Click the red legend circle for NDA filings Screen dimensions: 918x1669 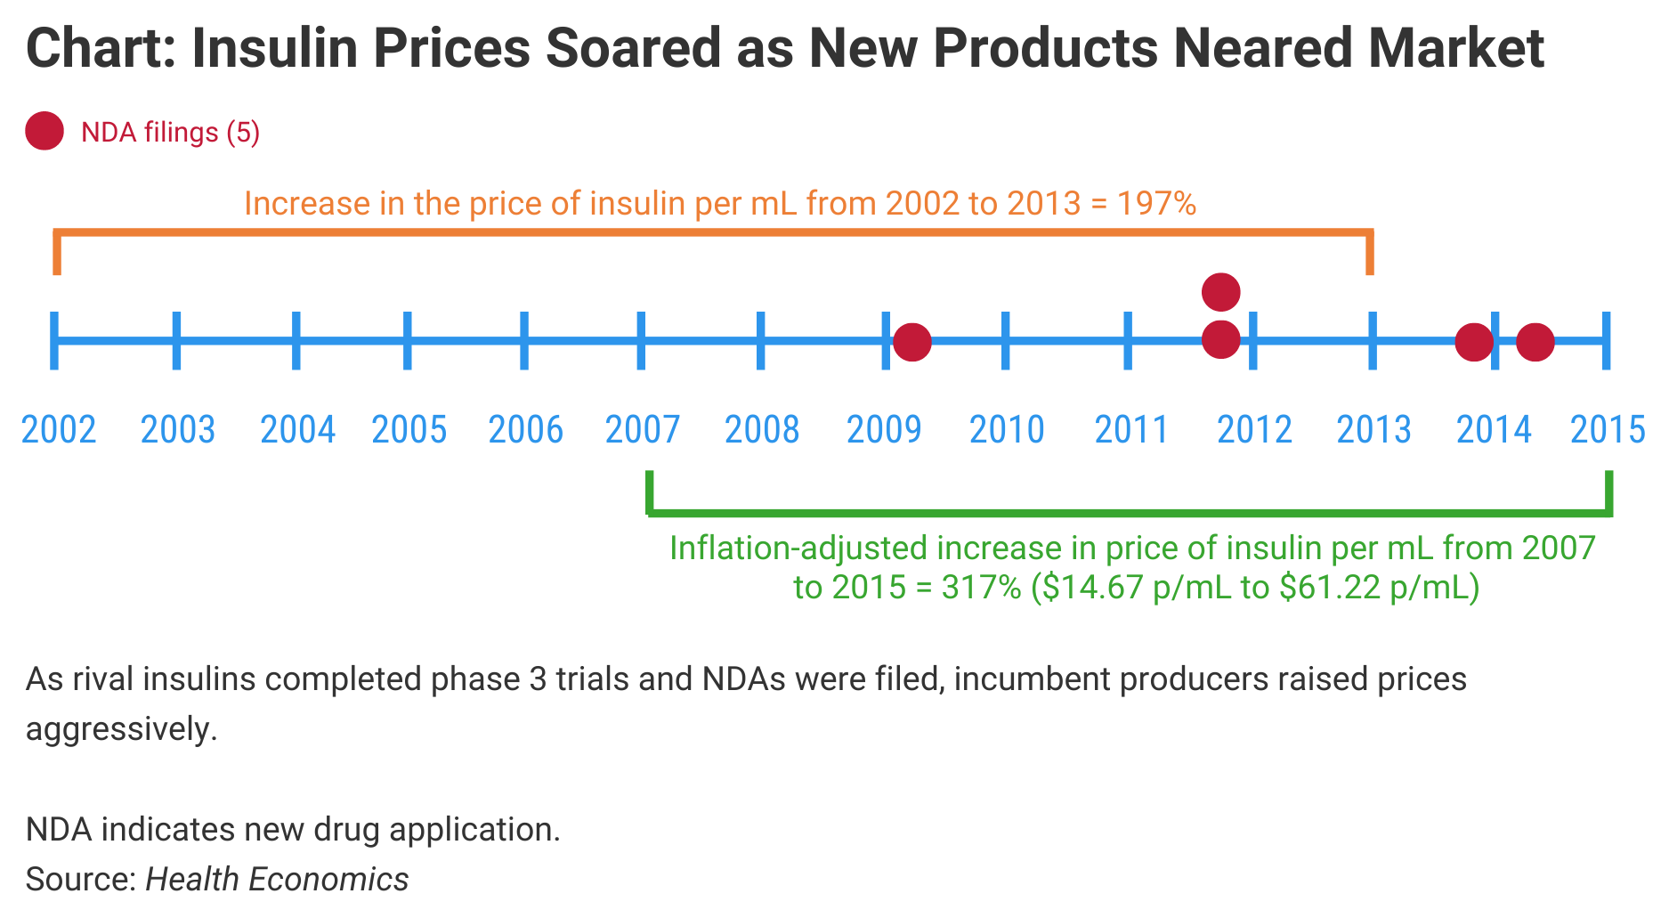(x=45, y=132)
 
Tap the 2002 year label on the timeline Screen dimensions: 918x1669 (x=59, y=430)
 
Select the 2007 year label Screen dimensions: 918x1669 (x=643, y=430)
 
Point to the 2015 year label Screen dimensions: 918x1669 (x=1608, y=430)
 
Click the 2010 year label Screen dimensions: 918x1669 (x=1007, y=430)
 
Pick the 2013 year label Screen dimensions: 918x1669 (x=1373, y=430)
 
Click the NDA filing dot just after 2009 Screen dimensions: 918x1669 (x=912, y=342)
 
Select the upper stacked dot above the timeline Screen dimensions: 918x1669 (x=1220, y=291)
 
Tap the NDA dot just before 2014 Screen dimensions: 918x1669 (x=1473, y=342)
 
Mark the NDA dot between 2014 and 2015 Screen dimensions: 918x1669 (x=1535, y=342)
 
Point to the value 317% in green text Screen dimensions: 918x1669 (x=981, y=588)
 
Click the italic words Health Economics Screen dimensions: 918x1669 (x=277, y=879)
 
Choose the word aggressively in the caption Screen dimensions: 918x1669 (x=121, y=729)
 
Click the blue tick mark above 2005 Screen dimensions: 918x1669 (x=408, y=340)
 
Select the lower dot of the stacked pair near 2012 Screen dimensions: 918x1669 (x=1220, y=339)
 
